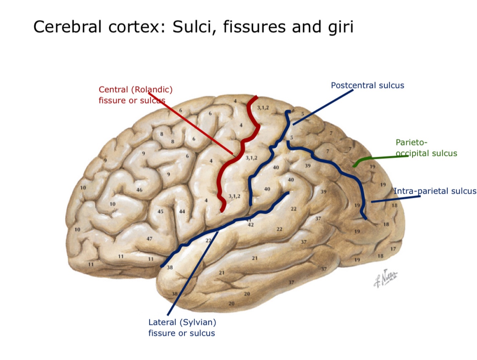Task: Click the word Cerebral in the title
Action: pyautogui.click(x=67, y=27)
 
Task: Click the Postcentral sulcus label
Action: pyautogui.click(x=367, y=86)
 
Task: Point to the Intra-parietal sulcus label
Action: pyautogui.click(x=435, y=191)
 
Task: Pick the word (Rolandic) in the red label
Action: pyautogui.click(x=152, y=89)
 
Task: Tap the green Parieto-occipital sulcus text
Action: pyautogui.click(x=426, y=148)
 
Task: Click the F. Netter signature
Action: pyautogui.click(x=385, y=278)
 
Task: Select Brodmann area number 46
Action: pyautogui.click(x=139, y=190)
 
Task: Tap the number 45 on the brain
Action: pyautogui.click(x=161, y=211)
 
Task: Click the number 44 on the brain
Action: pyautogui.click(x=182, y=211)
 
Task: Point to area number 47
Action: pyautogui.click(x=149, y=239)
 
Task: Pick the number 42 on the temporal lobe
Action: pyautogui.click(x=251, y=225)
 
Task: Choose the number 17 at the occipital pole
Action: pyautogui.click(x=393, y=249)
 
